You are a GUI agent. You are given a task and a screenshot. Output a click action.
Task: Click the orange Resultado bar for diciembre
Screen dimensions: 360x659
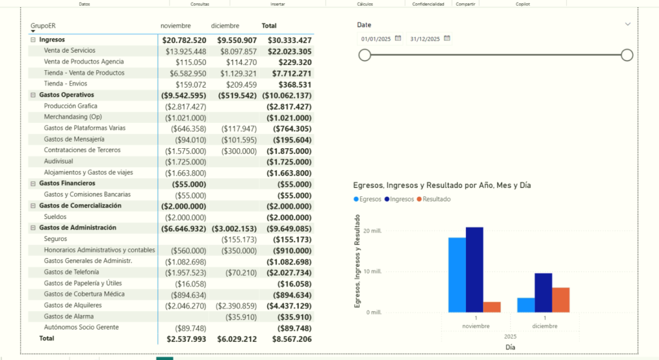point(561,300)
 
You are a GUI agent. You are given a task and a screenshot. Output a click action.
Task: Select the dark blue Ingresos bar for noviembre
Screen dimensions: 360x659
point(474,270)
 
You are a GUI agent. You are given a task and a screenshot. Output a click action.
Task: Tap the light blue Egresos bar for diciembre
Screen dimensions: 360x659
point(526,305)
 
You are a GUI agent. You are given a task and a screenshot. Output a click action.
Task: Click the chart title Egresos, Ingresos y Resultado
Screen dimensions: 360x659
point(438,185)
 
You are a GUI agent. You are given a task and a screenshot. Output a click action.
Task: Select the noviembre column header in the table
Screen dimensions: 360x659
point(176,26)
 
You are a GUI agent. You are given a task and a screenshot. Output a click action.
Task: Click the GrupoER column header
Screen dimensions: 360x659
point(43,26)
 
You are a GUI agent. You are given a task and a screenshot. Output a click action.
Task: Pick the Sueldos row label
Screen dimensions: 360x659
point(55,216)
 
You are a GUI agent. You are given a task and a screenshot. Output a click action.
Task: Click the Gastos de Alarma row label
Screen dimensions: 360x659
point(69,316)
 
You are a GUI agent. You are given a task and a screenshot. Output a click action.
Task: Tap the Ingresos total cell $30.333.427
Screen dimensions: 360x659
point(286,40)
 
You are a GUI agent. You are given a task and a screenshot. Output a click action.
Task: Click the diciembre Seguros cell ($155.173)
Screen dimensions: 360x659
point(239,239)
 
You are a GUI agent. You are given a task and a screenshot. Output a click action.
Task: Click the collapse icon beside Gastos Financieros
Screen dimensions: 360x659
point(32,184)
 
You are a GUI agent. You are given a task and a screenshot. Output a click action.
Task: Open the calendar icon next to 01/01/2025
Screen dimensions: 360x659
point(398,39)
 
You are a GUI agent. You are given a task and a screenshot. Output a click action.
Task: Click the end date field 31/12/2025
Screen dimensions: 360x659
point(424,39)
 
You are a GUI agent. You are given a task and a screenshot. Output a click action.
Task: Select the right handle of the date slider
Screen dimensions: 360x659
point(627,55)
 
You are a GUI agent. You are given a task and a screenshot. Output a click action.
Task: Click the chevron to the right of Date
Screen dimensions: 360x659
point(628,24)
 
